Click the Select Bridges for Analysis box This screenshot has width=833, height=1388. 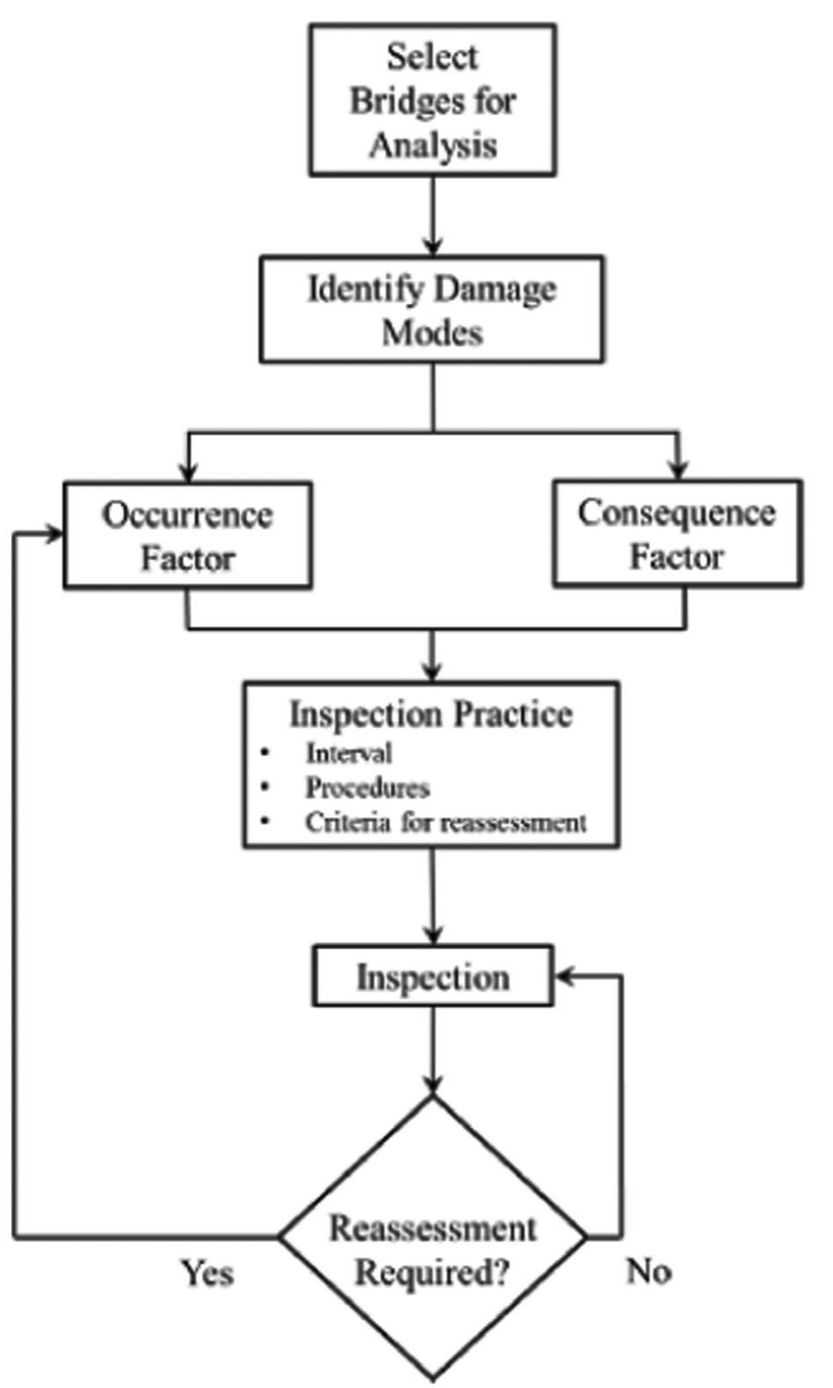(x=432, y=100)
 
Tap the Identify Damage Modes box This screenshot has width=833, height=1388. (x=432, y=309)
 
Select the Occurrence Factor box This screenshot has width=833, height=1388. (x=187, y=535)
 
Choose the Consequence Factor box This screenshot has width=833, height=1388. (x=677, y=533)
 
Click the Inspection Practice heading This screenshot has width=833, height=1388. (x=431, y=714)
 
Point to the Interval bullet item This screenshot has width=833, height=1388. (x=348, y=753)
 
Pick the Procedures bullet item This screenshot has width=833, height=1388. (x=367, y=787)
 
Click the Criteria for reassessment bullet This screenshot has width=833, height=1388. (x=445, y=822)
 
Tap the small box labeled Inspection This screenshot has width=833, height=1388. (x=433, y=976)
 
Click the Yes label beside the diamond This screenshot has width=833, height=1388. (x=208, y=1272)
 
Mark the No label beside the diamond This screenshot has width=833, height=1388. (x=649, y=1271)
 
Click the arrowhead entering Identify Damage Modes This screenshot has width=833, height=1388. (x=432, y=247)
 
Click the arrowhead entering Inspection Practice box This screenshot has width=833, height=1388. (x=432, y=672)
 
